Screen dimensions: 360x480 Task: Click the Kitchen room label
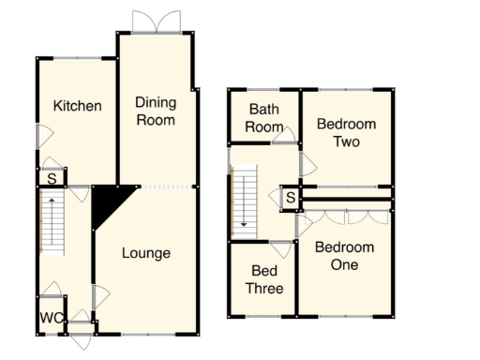click(x=77, y=105)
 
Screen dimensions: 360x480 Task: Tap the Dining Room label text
click(x=156, y=111)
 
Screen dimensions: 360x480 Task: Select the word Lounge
click(x=145, y=253)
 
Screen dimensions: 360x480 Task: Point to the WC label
click(x=52, y=319)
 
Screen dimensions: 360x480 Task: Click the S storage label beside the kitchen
click(x=52, y=178)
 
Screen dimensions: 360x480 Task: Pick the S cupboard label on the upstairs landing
click(x=291, y=198)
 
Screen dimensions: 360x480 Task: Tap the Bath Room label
click(x=263, y=118)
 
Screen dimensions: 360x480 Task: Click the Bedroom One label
click(x=343, y=256)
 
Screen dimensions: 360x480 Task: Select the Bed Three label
click(x=263, y=279)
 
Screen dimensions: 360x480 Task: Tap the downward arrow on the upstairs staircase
click(x=245, y=221)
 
